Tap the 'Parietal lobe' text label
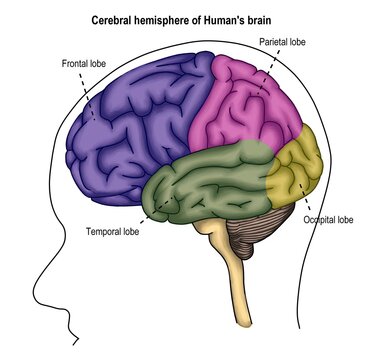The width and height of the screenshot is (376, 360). [285, 42]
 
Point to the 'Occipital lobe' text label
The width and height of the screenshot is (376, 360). [328, 219]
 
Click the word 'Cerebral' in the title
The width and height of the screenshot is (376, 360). [112, 19]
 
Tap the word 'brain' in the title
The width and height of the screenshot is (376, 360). [264, 19]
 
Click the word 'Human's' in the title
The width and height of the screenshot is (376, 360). [227, 19]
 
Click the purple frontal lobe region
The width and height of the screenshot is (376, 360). [140, 120]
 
